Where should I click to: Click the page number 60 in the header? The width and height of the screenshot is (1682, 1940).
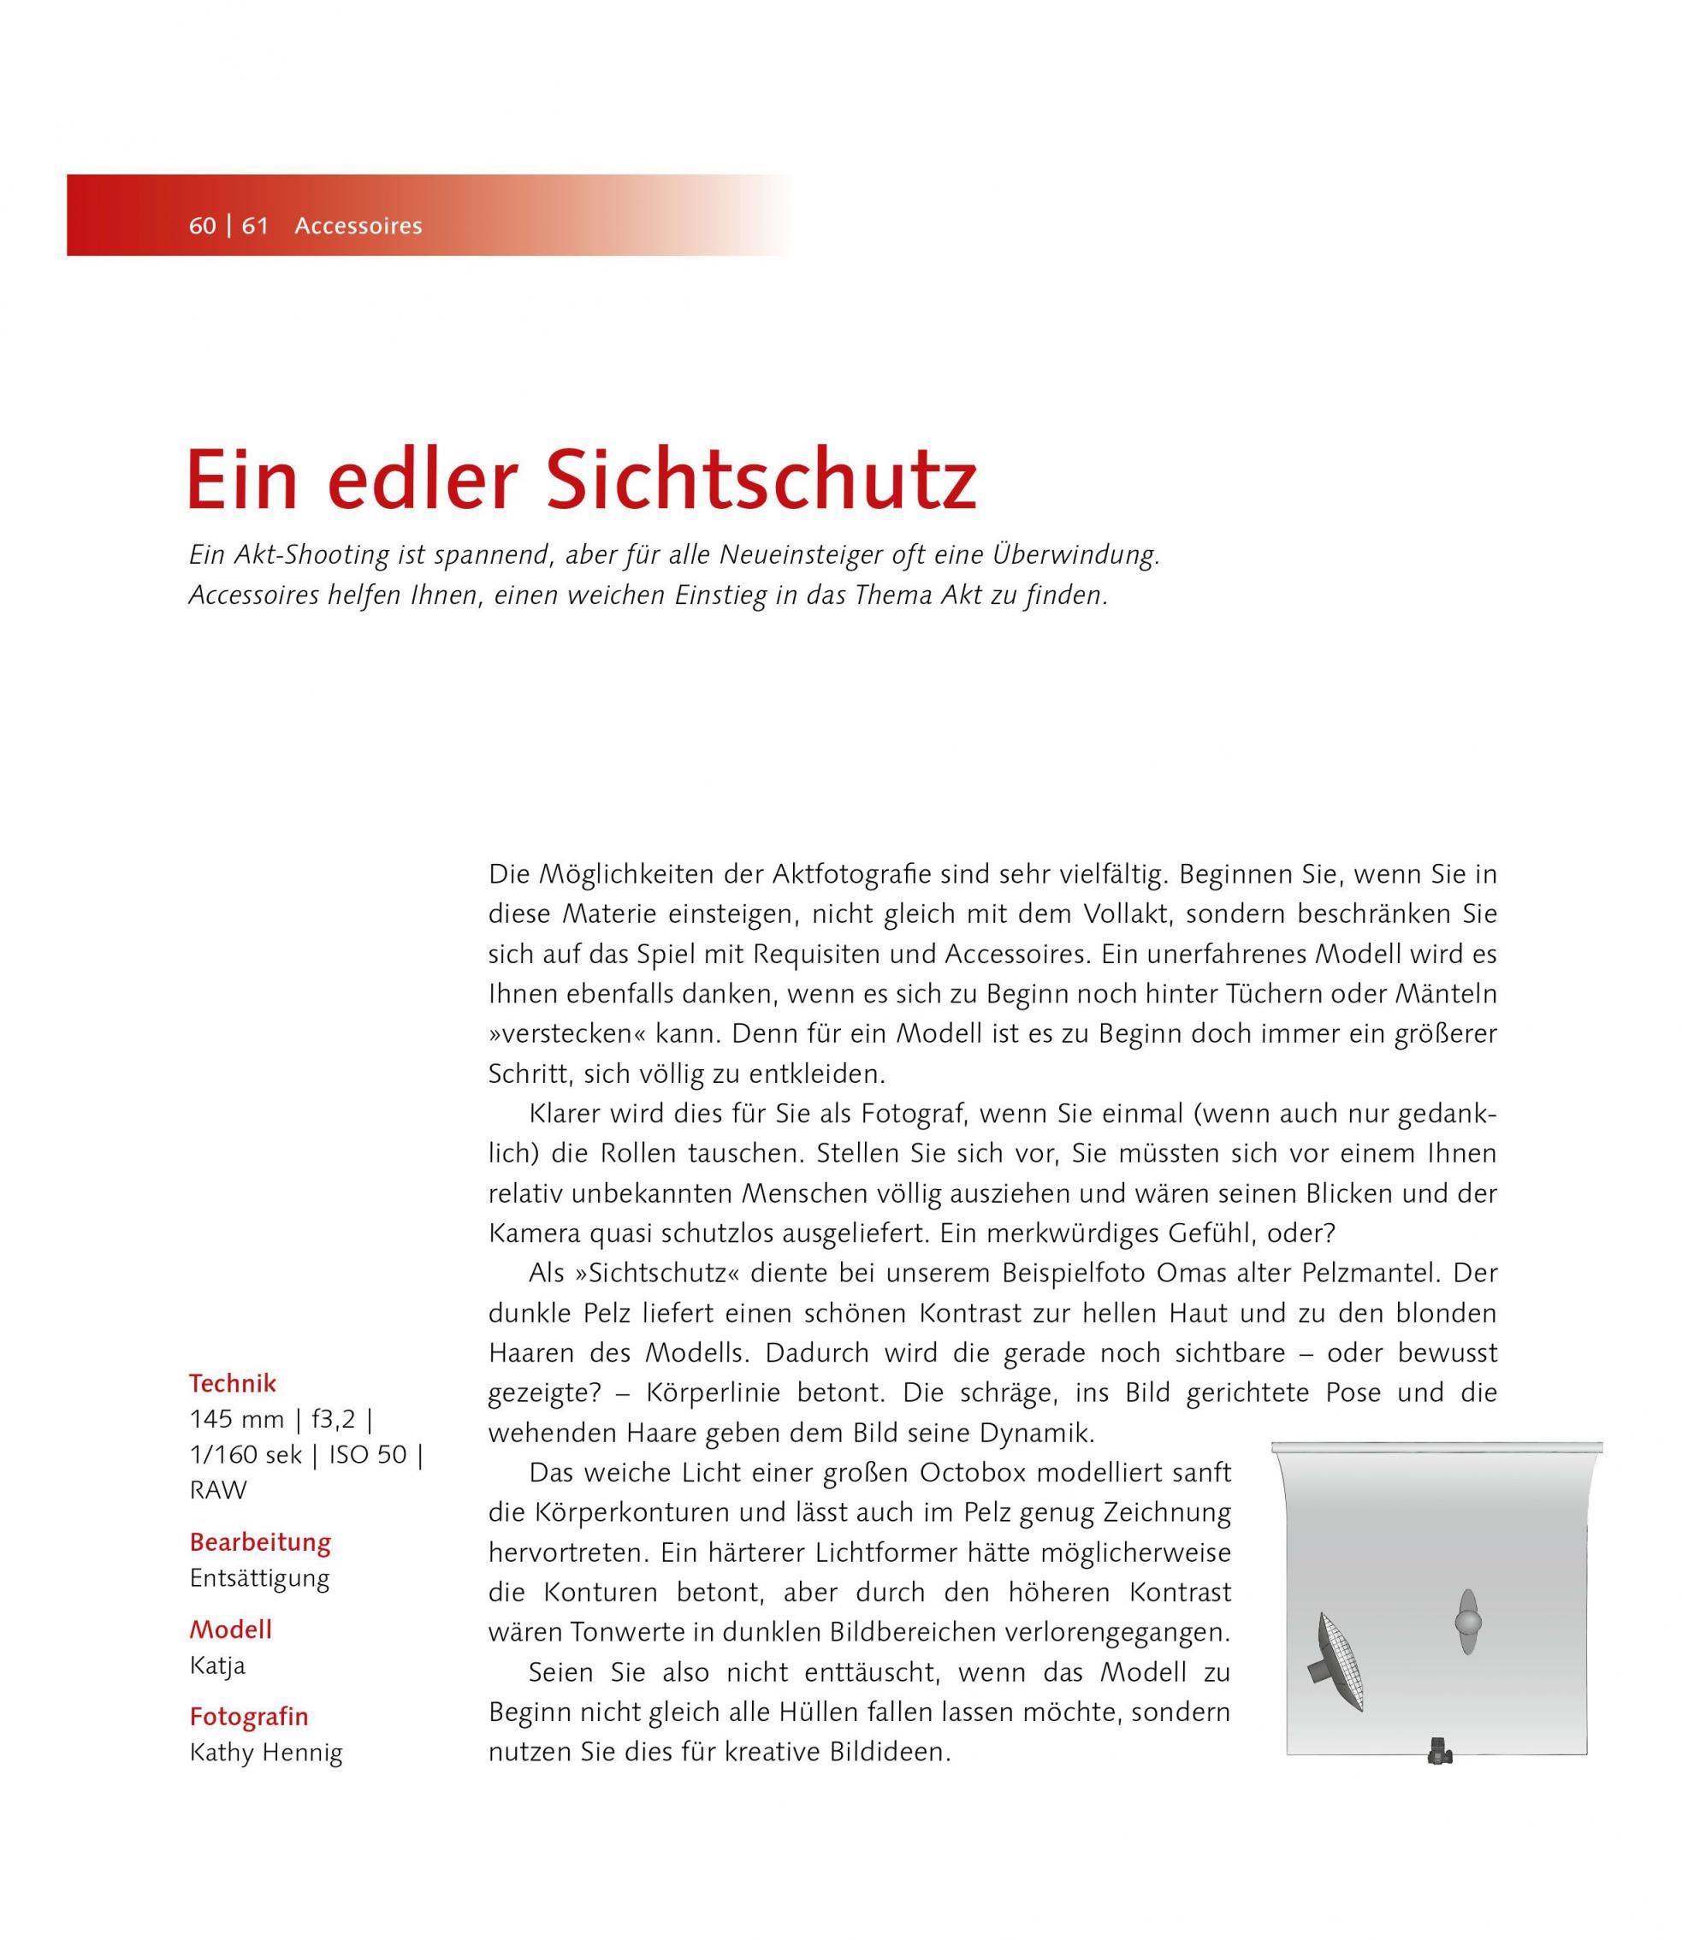tap(203, 226)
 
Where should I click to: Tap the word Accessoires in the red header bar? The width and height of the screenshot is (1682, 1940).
tap(358, 226)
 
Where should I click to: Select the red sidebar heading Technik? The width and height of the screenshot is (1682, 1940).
tap(233, 1383)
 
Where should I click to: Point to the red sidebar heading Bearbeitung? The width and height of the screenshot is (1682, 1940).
tap(260, 1542)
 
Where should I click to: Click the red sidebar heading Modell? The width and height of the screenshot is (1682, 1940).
tap(231, 1629)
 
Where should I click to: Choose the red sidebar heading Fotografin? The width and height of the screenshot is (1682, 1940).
tap(249, 1717)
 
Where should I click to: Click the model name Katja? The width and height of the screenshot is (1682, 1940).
tap(216, 1665)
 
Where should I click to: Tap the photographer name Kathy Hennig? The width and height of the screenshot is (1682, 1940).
tap(265, 1753)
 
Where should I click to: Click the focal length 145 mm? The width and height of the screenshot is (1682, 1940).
tap(236, 1419)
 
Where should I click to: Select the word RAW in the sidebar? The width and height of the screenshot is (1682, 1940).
tap(218, 1490)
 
